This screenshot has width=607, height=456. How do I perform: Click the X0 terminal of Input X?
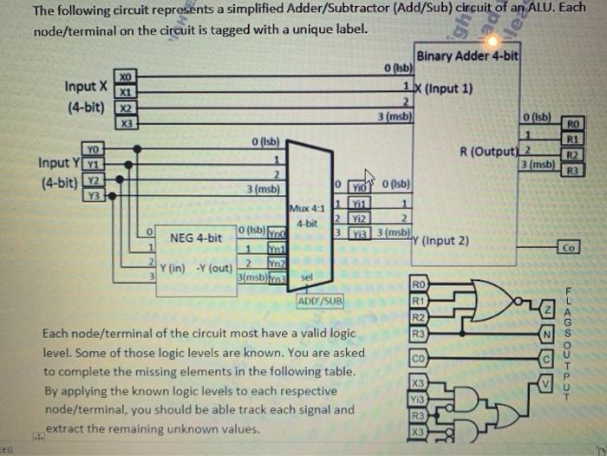pos(127,78)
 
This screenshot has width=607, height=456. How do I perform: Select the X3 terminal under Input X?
pos(127,124)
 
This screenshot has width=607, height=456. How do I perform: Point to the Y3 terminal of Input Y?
pos(91,195)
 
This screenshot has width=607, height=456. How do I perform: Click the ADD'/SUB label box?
pos(321,301)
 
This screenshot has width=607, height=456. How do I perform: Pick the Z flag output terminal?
pos(546,310)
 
